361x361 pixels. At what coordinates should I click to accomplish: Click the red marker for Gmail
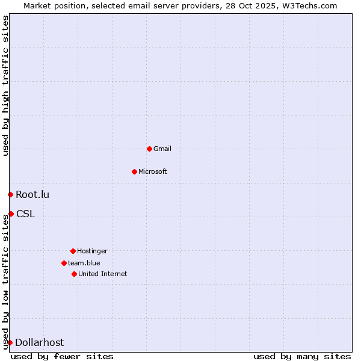pyautogui.click(x=149, y=149)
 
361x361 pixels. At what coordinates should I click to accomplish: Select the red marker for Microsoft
pyautogui.click(x=134, y=171)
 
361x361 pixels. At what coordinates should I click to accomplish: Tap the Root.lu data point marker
pyautogui.click(x=10, y=194)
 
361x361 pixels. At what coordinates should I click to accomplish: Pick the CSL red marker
pyautogui.click(x=11, y=214)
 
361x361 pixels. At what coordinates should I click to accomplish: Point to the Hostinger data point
pyautogui.click(x=73, y=251)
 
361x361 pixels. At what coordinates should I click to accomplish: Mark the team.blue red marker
pyautogui.click(x=64, y=263)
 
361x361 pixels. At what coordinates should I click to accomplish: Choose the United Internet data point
pyautogui.click(x=74, y=274)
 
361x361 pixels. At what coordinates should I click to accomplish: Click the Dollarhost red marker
pyautogui.click(x=10, y=342)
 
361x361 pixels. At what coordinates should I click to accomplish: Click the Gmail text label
pyautogui.click(x=162, y=149)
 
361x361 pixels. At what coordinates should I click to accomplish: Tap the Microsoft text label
pyautogui.click(x=153, y=171)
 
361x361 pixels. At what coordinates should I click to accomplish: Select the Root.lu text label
pyautogui.click(x=32, y=194)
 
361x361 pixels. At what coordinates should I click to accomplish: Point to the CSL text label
pyautogui.click(x=25, y=214)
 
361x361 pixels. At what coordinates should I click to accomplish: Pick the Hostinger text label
pyautogui.click(x=92, y=251)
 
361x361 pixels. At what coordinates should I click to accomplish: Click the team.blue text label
pyautogui.click(x=84, y=263)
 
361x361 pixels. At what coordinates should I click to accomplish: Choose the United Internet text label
pyautogui.click(x=103, y=274)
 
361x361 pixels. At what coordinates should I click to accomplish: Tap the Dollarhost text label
pyautogui.click(x=39, y=342)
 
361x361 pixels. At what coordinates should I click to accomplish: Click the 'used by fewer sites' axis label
pyautogui.click(x=62, y=356)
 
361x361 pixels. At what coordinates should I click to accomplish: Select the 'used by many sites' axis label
pyautogui.click(x=302, y=356)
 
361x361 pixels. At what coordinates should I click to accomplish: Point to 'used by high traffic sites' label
pyautogui.click(x=5, y=85)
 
